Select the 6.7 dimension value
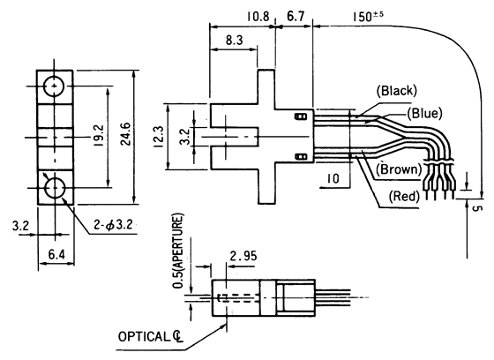296,16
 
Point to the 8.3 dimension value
234,40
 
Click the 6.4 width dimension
55,254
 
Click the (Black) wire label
395,91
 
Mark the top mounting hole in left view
55,86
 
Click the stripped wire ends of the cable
440,185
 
